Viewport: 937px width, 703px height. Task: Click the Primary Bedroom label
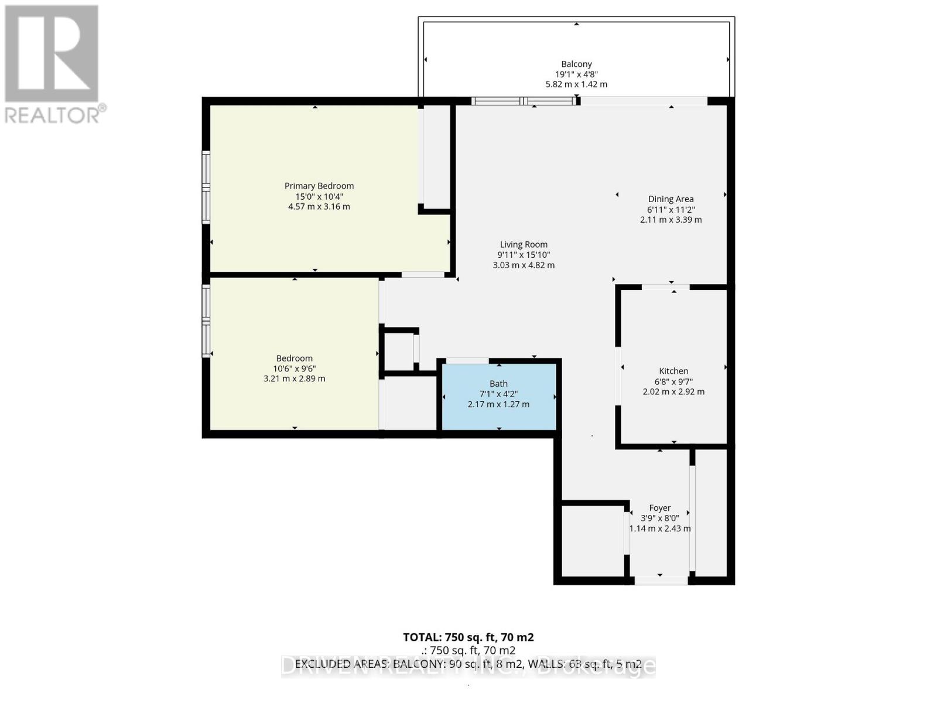coord(319,186)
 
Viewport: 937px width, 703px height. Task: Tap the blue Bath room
coord(498,410)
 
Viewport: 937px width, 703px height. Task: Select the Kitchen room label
coord(673,371)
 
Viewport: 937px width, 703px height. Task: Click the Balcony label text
coord(576,64)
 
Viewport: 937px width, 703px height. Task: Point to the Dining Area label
coord(671,199)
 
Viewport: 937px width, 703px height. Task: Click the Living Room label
coord(524,245)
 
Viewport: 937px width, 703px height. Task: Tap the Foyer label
coord(659,508)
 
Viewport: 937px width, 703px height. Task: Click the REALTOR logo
coord(53,64)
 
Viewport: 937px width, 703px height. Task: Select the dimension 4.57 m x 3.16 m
coord(319,207)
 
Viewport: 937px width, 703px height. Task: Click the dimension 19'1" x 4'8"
coord(576,74)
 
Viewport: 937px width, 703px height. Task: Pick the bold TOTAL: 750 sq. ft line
coord(468,637)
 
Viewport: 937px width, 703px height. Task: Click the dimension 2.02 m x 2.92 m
coord(673,391)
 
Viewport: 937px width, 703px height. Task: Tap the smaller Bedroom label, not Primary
coord(294,358)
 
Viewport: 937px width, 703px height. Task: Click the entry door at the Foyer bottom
coord(661,581)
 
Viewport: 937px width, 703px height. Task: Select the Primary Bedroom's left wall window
coord(206,187)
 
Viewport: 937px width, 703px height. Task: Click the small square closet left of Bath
coord(399,350)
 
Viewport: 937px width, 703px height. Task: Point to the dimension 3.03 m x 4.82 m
coord(524,265)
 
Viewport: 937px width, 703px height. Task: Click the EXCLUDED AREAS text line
coord(468,664)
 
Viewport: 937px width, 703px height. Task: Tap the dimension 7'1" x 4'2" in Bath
coord(498,394)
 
